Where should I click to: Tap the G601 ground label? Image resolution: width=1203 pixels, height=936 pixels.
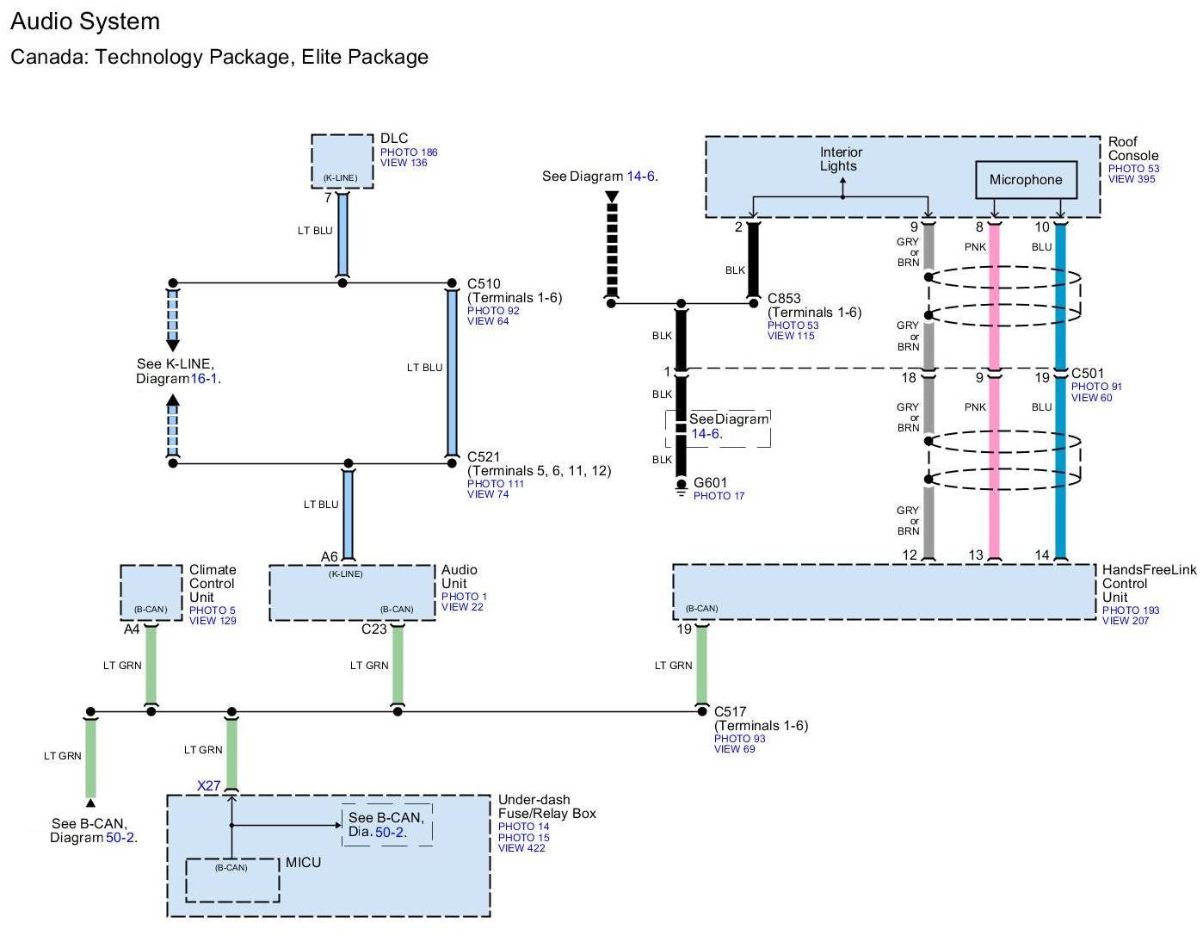(710, 482)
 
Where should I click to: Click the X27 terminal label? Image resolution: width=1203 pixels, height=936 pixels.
(209, 785)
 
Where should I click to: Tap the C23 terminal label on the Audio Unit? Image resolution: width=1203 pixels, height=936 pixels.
(373, 629)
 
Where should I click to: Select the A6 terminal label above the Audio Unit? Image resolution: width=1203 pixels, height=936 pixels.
(329, 556)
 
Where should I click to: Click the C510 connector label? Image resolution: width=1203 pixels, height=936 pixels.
(484, 283)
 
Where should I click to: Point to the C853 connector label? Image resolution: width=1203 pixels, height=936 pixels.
(784, 298)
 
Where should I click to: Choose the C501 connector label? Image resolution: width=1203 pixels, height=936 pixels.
(1088, 374)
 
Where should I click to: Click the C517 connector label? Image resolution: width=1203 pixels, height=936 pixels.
(731, 711)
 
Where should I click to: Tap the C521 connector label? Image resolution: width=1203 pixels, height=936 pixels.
(484, 456)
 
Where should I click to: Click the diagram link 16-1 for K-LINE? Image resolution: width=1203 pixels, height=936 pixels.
(204, 379)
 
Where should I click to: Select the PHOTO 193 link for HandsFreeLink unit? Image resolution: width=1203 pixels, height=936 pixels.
(1131, 610)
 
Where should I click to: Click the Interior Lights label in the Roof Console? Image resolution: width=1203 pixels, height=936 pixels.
(841, 159)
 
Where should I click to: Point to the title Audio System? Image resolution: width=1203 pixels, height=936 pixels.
(85, 22)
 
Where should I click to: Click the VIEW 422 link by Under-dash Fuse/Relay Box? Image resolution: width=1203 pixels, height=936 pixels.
(521, 847)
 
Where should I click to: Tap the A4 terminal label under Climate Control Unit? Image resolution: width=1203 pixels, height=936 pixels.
(131, 629)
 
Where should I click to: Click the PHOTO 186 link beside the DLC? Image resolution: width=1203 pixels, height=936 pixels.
(409, 152)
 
